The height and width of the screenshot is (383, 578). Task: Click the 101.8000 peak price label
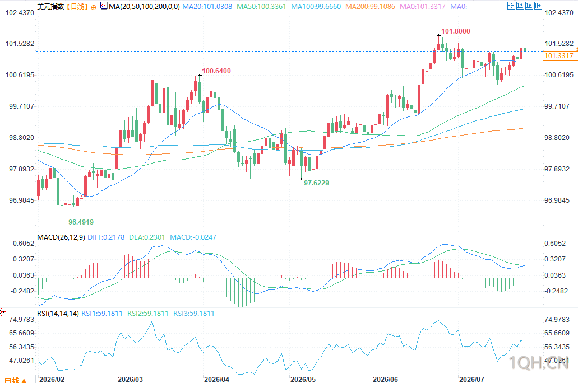[456, 31]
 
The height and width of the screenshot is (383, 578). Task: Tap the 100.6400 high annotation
[216, 71]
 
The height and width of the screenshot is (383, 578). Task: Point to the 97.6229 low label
[316, 183]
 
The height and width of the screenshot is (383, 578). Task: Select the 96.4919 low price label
[81, 222]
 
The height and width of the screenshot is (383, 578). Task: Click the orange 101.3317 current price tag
[559, 56]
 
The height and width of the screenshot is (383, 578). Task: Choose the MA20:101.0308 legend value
[207, 7]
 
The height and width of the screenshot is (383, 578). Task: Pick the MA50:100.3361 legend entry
[261, 7]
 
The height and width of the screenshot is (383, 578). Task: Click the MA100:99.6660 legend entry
[316, 7]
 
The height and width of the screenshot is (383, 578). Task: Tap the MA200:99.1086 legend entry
[370, 7]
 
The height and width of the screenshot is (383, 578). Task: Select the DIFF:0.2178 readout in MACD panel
[106, 237]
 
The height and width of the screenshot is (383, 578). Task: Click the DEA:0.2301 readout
[147, 237]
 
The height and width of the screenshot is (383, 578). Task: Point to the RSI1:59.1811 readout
[101, 314]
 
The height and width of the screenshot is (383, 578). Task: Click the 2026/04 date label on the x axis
[216, 379]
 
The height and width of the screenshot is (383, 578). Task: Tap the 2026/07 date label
[471, 379]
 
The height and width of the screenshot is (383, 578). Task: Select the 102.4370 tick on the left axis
[20, 13]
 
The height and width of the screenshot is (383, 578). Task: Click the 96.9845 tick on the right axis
[557, 200]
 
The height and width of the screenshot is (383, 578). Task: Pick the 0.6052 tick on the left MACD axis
[24, 244]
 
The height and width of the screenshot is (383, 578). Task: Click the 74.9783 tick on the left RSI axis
[22, 320]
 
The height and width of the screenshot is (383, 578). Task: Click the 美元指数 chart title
[50, 7]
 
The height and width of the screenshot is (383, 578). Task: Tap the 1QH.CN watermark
[539, 363]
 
